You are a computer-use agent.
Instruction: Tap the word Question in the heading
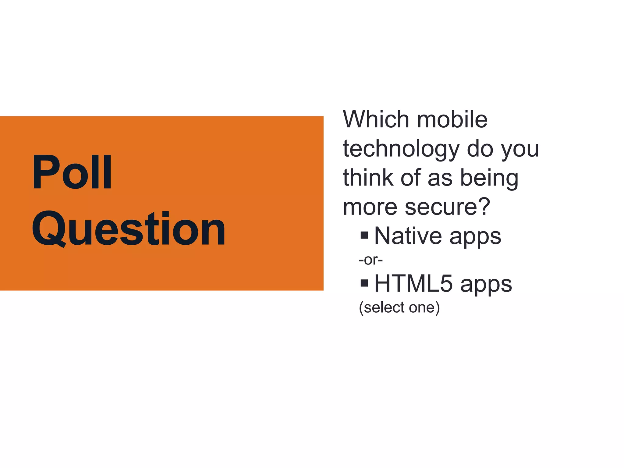129,229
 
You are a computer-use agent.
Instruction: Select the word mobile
452,119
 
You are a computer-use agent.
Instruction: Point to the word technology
401,149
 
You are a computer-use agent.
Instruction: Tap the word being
489,179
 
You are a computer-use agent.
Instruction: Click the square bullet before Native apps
364,235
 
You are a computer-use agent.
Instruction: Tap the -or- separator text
370,260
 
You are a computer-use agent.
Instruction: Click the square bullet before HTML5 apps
364,283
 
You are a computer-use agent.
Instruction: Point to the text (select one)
399,307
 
